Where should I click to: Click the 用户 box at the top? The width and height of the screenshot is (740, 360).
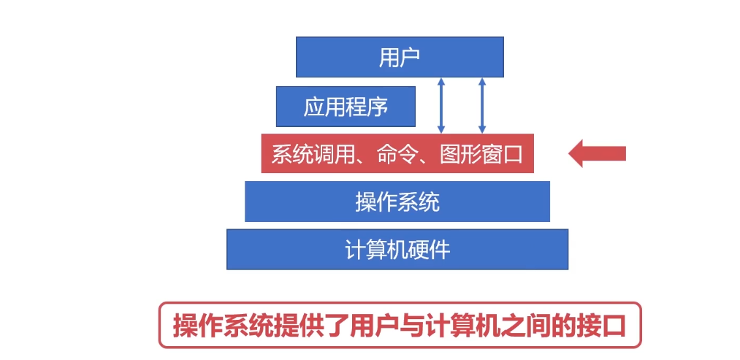400,57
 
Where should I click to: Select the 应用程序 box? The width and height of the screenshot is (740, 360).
346,107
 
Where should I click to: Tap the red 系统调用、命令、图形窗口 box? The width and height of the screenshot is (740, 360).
397,153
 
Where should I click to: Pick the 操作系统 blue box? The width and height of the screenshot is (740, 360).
397,202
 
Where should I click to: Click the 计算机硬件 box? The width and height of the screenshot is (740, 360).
397,250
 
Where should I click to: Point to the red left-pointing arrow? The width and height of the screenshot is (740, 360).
597,153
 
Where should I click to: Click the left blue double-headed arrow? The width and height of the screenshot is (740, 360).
440,105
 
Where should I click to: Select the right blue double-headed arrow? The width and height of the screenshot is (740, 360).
481,105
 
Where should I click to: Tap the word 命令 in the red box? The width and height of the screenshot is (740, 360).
397,154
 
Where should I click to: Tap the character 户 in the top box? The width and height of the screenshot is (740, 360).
410,58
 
